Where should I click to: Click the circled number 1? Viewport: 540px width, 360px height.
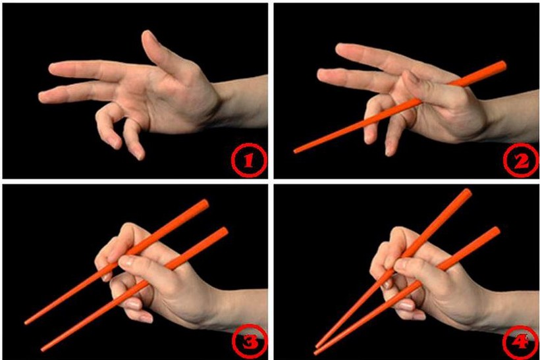pos(249,161)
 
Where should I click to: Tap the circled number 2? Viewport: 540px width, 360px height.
pos(522,161)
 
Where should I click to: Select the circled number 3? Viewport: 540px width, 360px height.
pos(250,342)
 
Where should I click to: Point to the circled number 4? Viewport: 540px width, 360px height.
pos(520,342)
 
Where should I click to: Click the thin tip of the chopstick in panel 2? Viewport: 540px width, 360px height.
pos(296,151)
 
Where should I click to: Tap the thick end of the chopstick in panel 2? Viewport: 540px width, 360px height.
pos(502,65)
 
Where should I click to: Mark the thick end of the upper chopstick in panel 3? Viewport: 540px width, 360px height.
pos(205,204)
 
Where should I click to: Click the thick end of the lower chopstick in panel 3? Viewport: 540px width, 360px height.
pos(224,231)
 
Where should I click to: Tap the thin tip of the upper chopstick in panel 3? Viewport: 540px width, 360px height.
pos(26,322)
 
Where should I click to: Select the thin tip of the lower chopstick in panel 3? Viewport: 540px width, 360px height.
pos(43,349)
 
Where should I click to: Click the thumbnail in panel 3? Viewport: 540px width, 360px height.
pos(126,261)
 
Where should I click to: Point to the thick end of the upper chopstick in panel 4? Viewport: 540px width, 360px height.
pos(468,193)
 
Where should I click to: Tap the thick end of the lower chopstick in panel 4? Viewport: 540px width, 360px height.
pos(496,230)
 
